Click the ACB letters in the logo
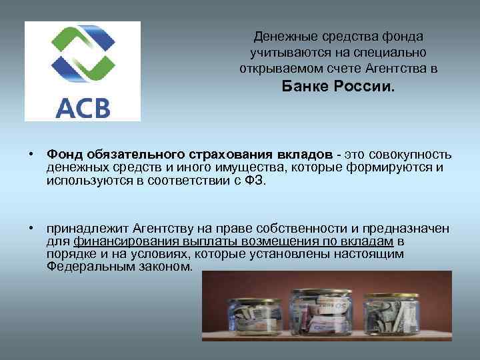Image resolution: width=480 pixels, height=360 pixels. click(83, 106)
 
